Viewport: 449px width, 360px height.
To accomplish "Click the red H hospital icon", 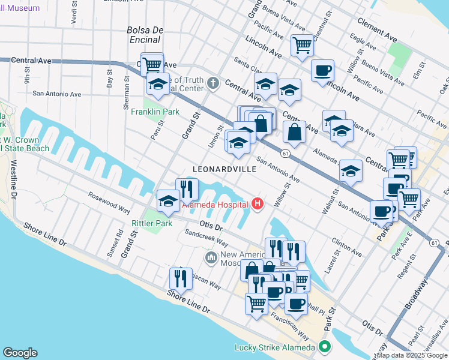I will point(258,205).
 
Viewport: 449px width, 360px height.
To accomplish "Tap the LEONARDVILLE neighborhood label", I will point(224,170).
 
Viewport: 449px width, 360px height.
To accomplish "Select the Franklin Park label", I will point(155,112).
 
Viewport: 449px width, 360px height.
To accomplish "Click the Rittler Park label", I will point(152,223).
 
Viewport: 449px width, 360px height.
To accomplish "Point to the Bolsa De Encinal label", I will point(143,35).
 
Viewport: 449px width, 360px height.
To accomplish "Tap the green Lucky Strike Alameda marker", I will point(325,347).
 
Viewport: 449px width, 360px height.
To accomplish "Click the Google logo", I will point(20,353).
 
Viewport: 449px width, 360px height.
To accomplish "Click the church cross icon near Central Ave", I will point(213,82).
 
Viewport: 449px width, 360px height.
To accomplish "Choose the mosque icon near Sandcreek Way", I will point(211,258).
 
